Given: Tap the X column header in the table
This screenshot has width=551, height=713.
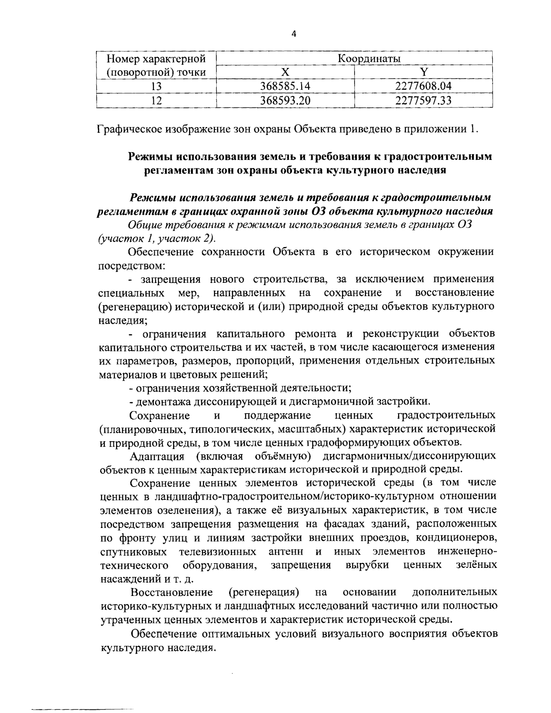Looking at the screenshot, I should coord(285,72).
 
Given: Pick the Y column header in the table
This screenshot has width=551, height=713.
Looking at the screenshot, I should coord(424,72).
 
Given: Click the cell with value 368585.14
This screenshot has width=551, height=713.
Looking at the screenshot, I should coord(285,86).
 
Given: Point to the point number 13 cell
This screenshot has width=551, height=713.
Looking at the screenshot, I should coord(157,86).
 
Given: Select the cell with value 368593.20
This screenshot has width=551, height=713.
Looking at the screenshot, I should coord(285,100).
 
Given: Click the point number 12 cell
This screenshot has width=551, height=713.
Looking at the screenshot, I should coord(157,100).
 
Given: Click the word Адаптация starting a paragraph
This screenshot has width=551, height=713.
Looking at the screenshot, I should coord(157,456).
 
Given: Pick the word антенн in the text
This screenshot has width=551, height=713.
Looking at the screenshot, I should coord(286,551).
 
